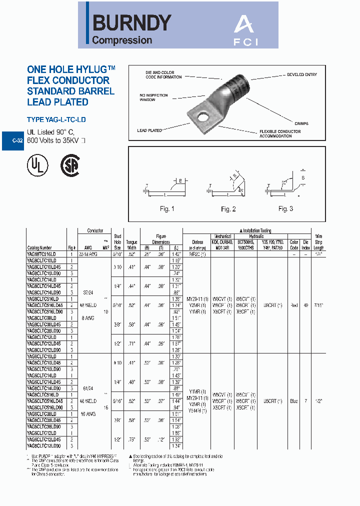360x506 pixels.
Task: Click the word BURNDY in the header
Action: click(132, 23)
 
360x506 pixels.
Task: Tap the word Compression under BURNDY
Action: click(122, 40)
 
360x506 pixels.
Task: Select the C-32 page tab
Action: click(17, 141)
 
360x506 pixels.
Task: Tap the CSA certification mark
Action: click(70, 164)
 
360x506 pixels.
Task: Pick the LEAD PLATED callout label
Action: click(149, 130)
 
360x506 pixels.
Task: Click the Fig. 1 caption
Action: click(167, 208)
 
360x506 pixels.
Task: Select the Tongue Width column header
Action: click(131, 244)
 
